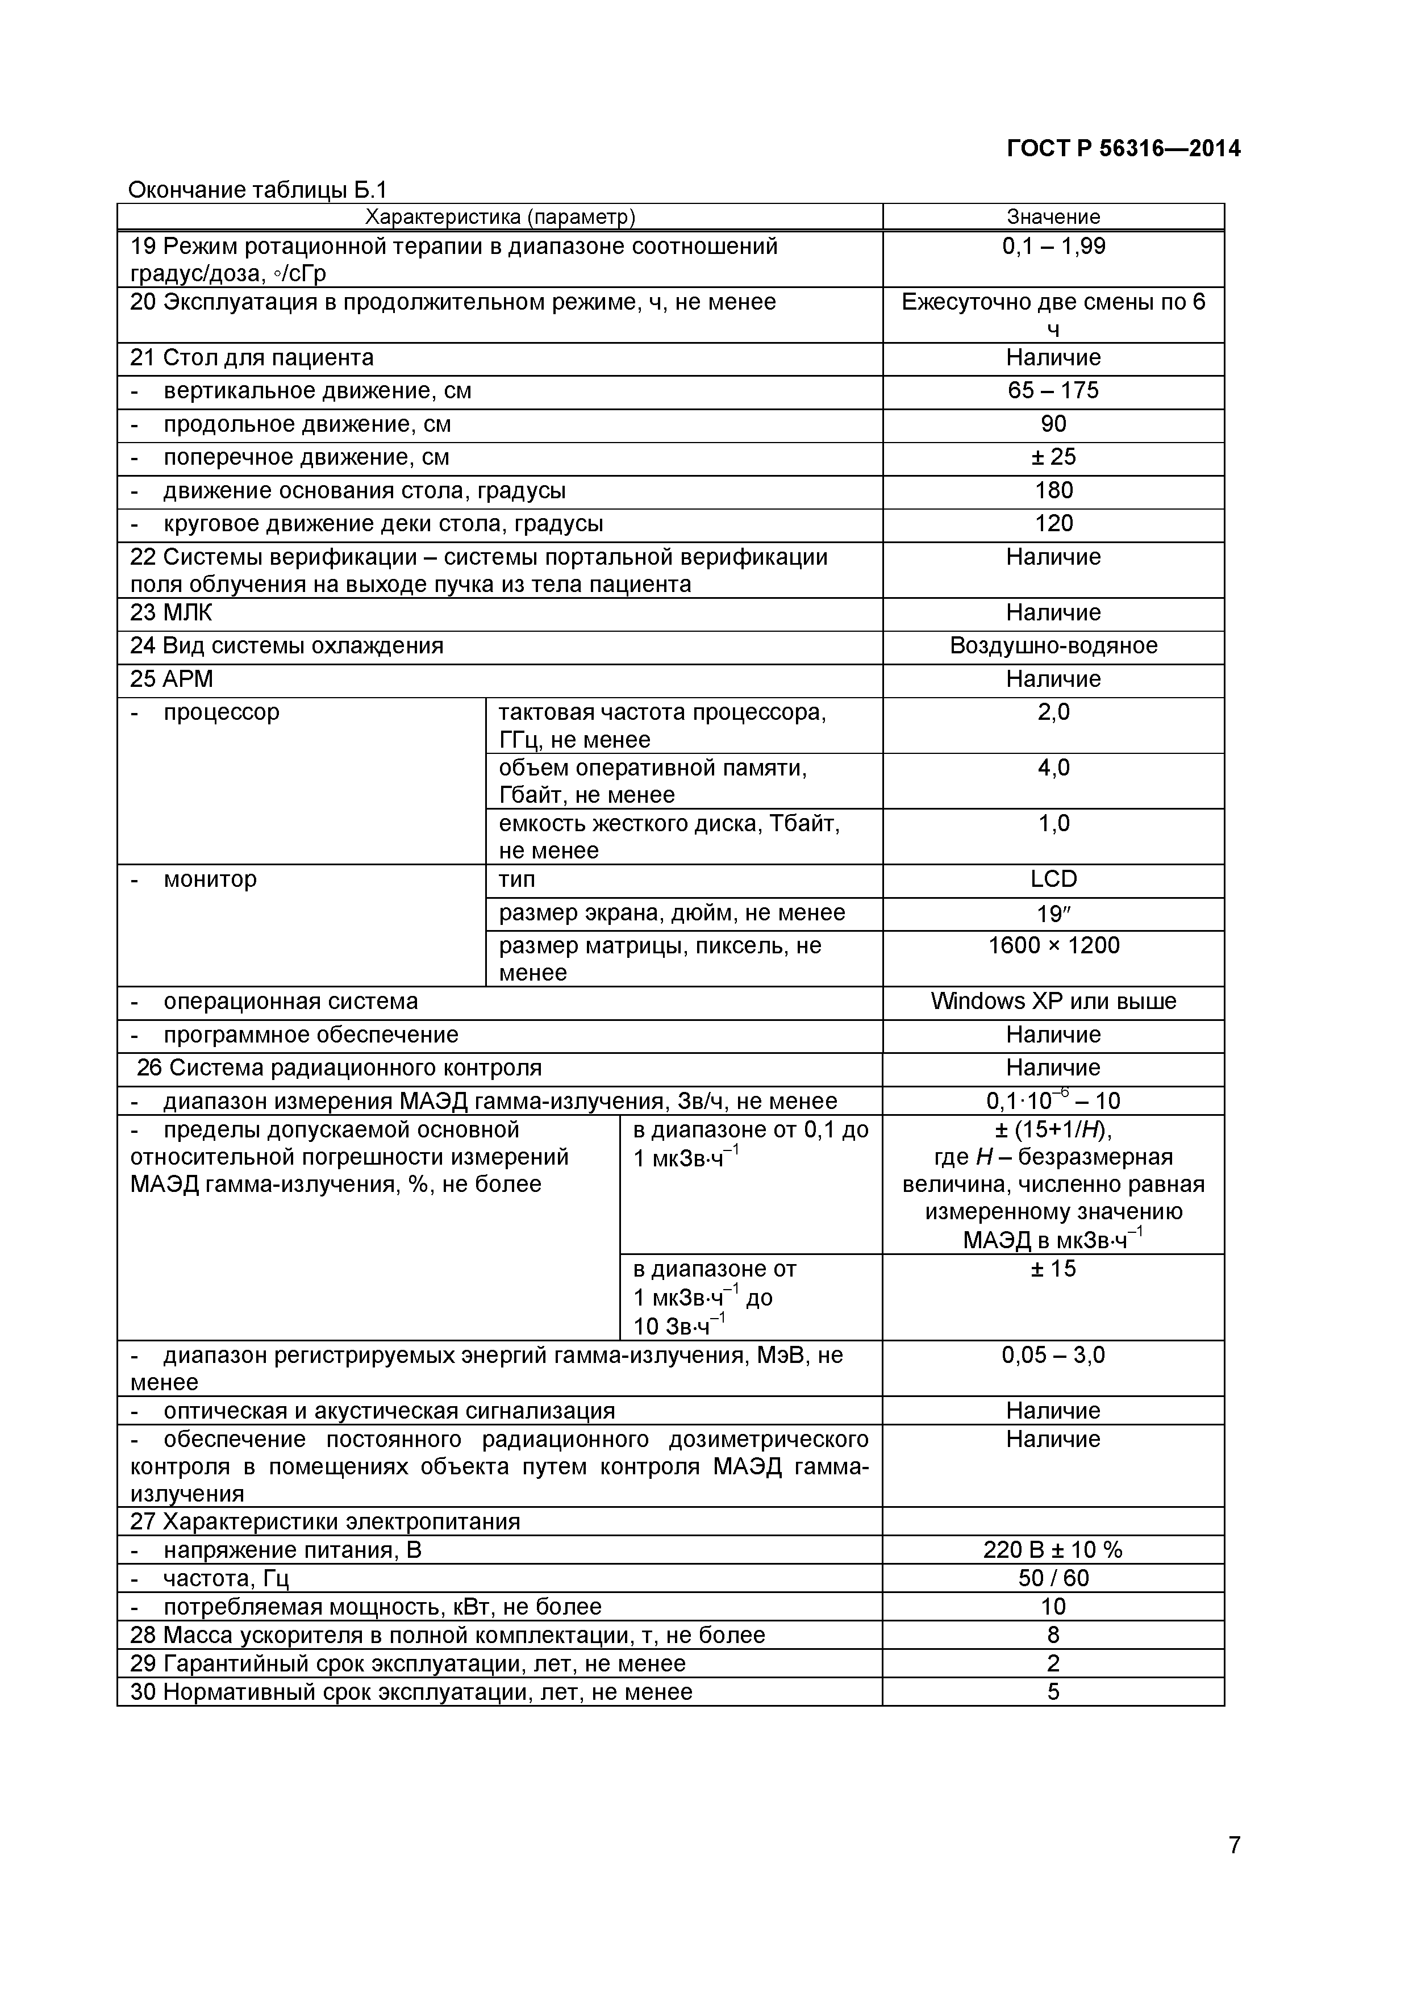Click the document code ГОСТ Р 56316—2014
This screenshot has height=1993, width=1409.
pyautogui.click(x=1123, y=149)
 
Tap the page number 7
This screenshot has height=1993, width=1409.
pyautogui.click(x=1233, y=1868)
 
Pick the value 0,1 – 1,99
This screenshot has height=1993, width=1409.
pyautogui.click(x=1053, y=247)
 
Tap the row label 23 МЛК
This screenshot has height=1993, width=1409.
pyautogui.click(x=171, y=613)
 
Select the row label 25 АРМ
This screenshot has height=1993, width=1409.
pyautogui.click(x=171, y=679)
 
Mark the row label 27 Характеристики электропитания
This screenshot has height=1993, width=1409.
pyautogui.click(x=324, y=1521)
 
